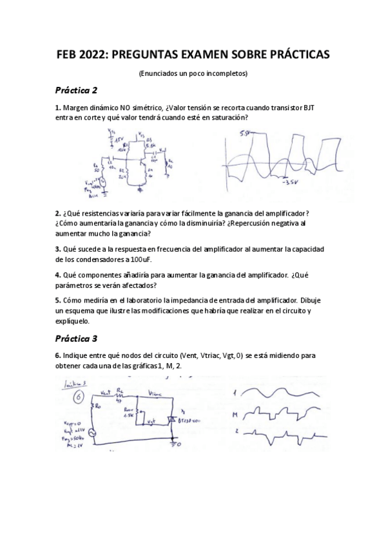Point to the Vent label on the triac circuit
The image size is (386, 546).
108,391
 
